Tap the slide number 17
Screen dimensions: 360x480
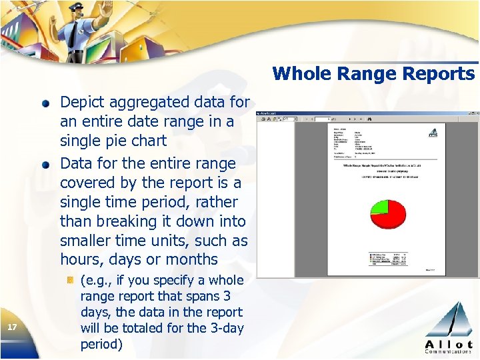pyautogui.click(x=11, y=327)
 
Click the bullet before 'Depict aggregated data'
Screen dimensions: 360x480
pyautogui.click(x=45, y=103)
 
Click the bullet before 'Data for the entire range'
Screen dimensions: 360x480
pyautogui.click(x=45, y=165)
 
